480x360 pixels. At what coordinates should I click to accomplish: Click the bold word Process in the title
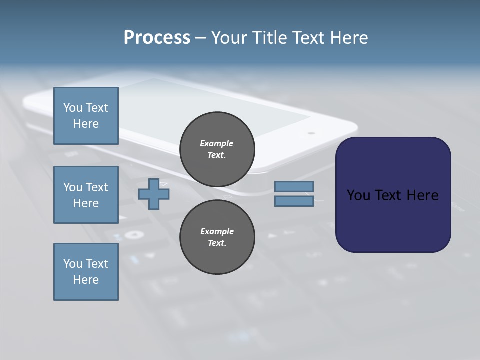click(157, 38)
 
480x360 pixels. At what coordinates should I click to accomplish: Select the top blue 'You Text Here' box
click(86, 116)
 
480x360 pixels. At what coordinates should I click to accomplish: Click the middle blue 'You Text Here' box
click(86, 195)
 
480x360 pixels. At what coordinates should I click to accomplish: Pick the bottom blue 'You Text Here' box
click(86, 272)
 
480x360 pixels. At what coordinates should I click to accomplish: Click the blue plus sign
click(154, 194)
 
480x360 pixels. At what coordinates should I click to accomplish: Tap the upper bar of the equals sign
click(294, 187)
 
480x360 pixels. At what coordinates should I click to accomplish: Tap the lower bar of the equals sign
click(294, 201)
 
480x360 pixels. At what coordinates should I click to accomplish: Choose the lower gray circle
click(217, 237)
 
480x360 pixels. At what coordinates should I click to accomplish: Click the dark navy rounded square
click(393, 195)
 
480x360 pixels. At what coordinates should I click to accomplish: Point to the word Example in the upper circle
click(217, 143)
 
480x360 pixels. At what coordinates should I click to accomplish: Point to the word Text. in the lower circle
click(217, 243)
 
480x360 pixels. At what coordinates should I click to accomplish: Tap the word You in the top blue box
click(73, 108)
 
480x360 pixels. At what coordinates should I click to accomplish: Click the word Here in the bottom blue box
click(86, 280)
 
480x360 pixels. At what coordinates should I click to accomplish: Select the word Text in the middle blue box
click(97, 187)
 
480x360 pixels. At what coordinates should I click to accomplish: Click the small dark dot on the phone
click(311, 133)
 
